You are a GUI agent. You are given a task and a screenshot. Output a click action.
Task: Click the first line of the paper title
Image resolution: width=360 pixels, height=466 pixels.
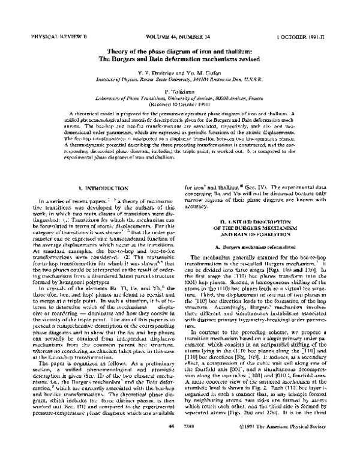click(x=180, y=51)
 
